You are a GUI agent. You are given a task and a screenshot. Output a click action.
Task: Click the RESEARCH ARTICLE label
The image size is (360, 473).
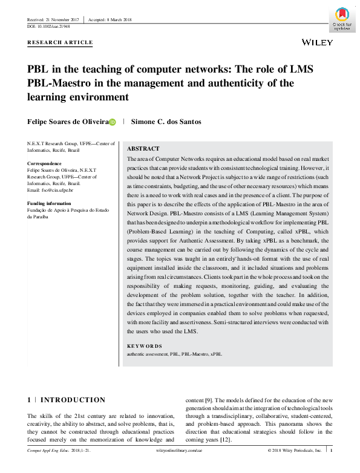[61, 42]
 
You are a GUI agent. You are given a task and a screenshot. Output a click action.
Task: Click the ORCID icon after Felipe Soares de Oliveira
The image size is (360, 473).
[113, 122]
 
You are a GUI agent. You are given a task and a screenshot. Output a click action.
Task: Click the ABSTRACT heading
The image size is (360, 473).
[143, 149]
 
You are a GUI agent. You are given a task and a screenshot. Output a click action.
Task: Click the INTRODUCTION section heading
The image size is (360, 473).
[73, 400]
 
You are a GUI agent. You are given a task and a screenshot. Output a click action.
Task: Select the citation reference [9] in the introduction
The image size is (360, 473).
[209, 400]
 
